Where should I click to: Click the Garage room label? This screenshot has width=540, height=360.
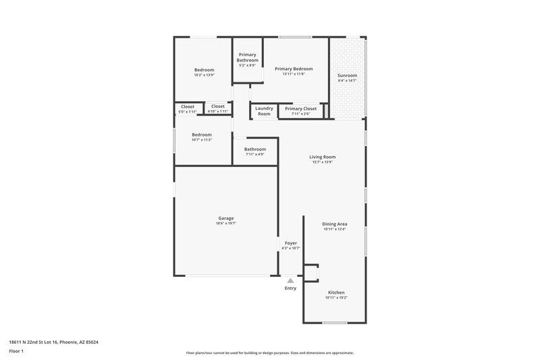(x=226, y=218)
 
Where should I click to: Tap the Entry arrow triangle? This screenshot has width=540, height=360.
(x=290, y=280)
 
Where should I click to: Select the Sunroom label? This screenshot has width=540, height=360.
(x=347, y=75)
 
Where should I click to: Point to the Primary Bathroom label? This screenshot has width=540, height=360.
(x=247, y=57)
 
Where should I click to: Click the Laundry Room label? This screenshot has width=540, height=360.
(x=264, y=111)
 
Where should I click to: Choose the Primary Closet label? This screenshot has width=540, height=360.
(x=300, y=108)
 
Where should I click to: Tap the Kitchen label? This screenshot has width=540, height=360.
(x=336, y=292)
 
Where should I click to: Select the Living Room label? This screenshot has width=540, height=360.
(x=323, y=156)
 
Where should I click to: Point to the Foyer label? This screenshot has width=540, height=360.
(x=290, y=242)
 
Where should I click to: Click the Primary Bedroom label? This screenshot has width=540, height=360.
(x=294, y=68)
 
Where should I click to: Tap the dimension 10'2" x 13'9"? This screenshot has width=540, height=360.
(x=204, y=75)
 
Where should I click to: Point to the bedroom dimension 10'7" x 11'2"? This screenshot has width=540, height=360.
(x=201, y=140)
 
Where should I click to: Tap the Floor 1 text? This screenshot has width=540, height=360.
(x=16, y=351)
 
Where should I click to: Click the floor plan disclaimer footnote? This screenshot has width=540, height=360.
(x=269, y=353)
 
